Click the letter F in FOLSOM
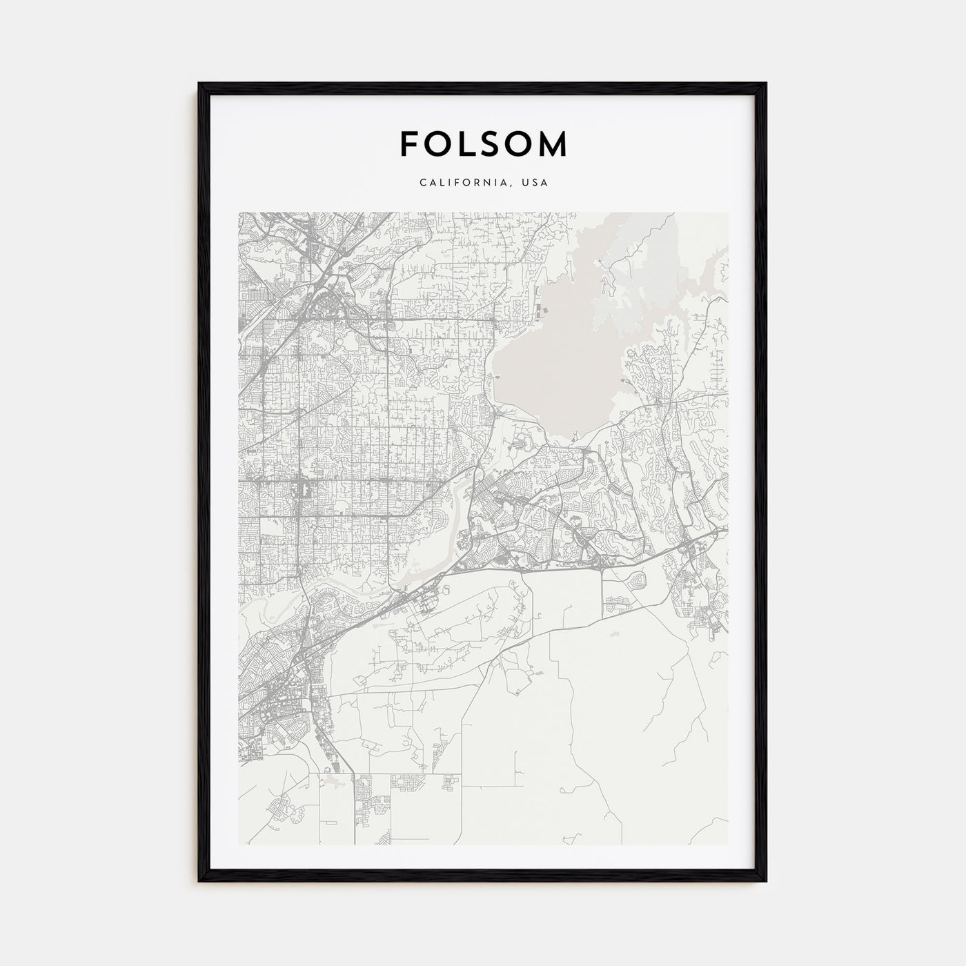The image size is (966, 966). coord(408,144)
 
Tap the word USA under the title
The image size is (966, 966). coord(535,183)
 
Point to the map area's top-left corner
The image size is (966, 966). coord(239,213)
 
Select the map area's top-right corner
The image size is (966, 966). coord(727,213)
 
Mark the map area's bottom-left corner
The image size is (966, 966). coord(239,845)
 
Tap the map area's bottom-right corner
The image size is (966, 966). coord(727,845)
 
